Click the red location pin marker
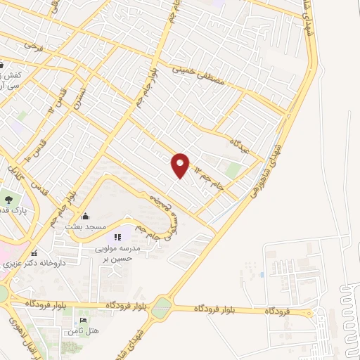click(180, 165)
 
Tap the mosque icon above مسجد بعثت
click(85, 217)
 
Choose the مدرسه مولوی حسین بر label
click(128, 254)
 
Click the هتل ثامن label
click(84, 330)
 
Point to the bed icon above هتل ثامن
click(84, 321)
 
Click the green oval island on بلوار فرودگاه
click(162, 307)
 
